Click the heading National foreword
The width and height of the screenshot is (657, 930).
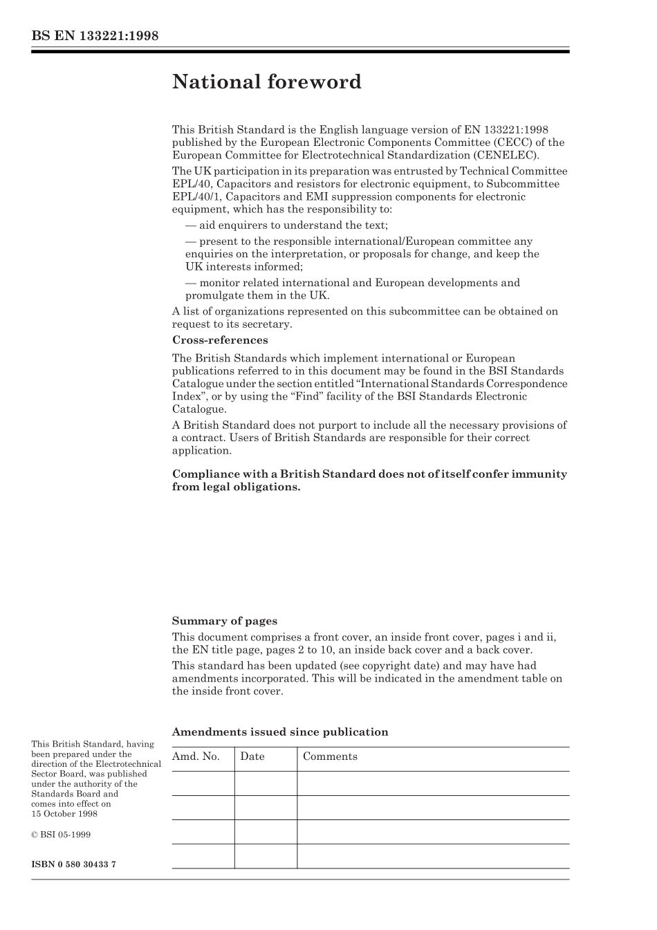266,82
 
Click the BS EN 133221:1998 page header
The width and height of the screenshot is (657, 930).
95,36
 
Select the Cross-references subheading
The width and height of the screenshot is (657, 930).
219,340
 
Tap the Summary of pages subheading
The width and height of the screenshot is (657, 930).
224,621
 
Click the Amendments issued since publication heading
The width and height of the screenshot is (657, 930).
279,732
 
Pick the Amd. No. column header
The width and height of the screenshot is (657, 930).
196,756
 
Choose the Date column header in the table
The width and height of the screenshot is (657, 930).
252,756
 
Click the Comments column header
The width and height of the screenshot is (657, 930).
330,756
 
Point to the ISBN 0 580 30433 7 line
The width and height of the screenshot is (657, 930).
73,865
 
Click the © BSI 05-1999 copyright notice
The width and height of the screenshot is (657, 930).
61,835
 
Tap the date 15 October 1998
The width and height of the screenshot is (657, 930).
64,814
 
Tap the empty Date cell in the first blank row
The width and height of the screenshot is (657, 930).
266,783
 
